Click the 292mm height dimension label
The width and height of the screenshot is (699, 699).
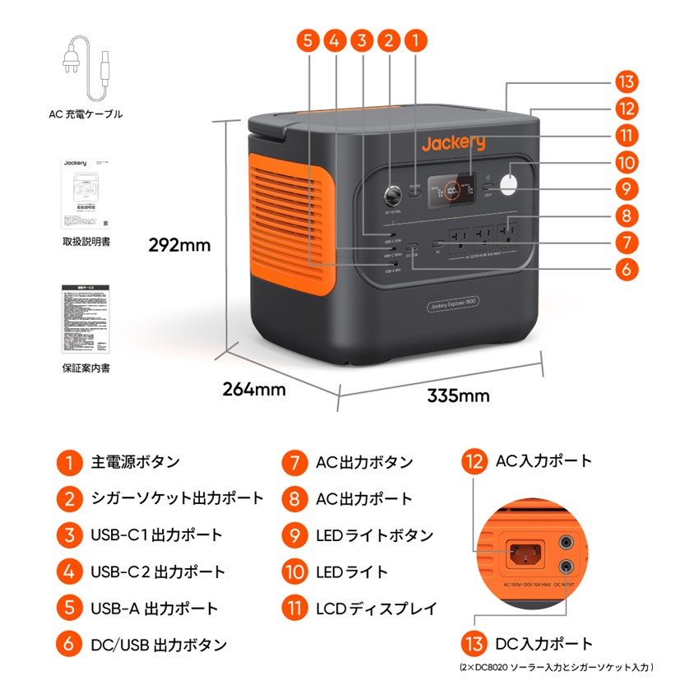(179, 244)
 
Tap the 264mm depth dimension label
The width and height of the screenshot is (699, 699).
(254, 388)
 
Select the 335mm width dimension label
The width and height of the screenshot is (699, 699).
(458, 396)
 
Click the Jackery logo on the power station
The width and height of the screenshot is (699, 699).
(454, 142)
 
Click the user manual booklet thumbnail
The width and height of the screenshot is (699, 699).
(86, 193)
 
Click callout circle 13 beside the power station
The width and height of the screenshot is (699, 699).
(626, 82)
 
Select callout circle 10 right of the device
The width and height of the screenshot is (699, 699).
(626, 162)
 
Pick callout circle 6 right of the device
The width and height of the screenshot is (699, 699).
(626, 268)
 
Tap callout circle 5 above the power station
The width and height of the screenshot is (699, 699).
(308, 39)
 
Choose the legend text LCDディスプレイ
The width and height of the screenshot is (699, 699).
(376, 609)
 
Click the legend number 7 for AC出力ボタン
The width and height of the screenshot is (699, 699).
(294, 462)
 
